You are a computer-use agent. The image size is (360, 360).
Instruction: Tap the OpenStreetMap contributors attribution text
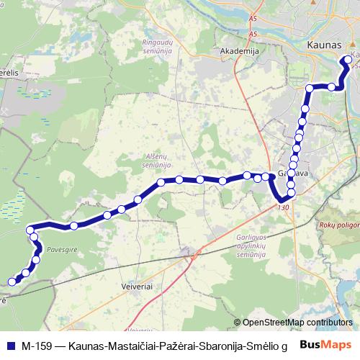297,323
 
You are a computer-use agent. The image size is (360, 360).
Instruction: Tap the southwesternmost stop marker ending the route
11,282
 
